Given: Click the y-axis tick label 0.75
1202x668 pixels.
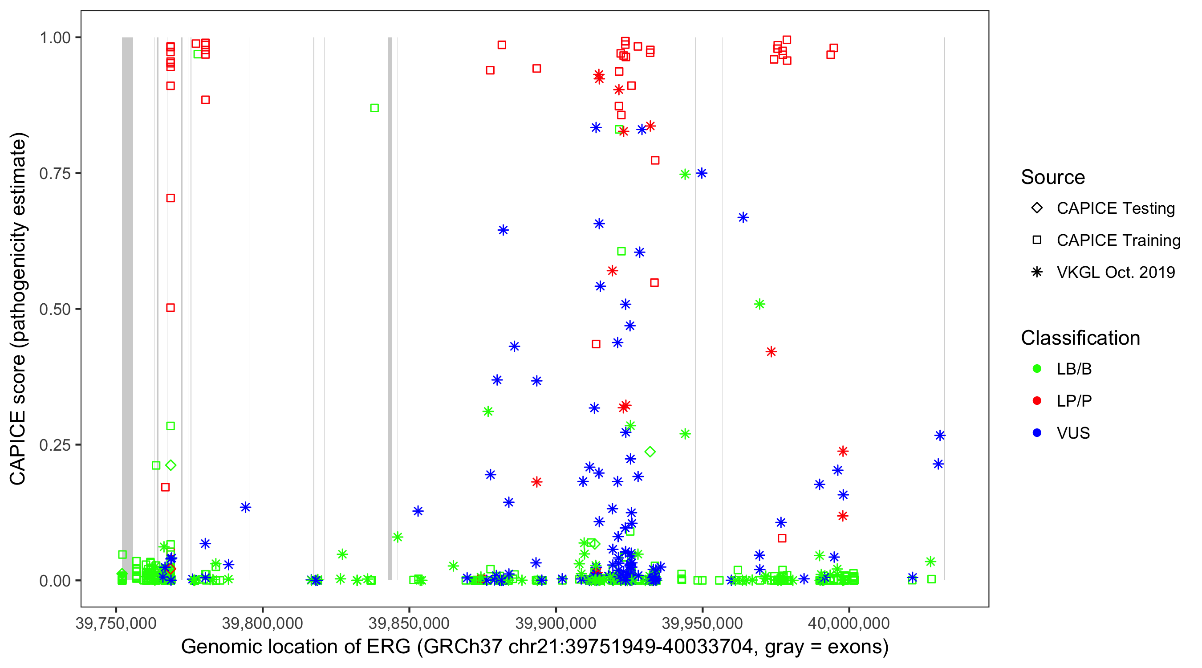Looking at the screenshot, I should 54,174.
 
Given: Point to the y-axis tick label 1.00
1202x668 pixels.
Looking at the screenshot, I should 54,38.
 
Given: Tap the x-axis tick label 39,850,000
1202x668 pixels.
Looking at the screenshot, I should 409,623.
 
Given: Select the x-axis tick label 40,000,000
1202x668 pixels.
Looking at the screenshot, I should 849,623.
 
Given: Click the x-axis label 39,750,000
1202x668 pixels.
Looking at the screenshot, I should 116,623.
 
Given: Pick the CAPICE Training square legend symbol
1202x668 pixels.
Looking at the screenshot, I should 1037,240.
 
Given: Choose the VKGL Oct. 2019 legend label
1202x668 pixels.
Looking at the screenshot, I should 1116,273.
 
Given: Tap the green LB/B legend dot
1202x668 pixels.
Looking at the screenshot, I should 1037,369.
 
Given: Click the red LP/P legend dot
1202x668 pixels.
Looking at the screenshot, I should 1037,401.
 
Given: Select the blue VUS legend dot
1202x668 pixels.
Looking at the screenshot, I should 1037,433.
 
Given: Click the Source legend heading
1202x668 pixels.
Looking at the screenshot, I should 1053,177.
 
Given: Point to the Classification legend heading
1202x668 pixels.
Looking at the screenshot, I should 1080,338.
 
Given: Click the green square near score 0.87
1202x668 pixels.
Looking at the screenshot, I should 374,108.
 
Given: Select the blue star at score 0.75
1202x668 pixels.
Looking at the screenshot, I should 702,173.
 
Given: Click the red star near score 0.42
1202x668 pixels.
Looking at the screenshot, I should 772,352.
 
